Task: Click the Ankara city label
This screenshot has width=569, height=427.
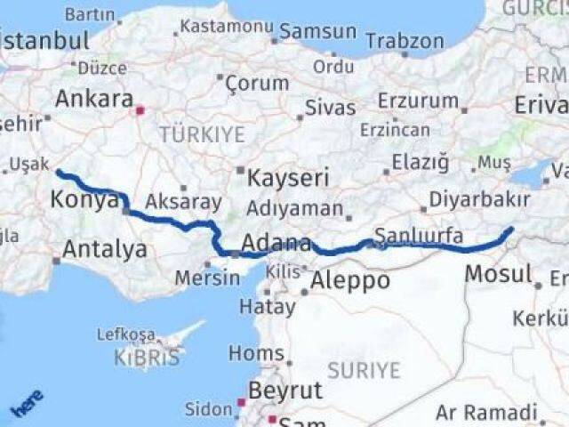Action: [x=94, y=99]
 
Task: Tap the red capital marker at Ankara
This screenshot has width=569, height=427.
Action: [x=139, y=111]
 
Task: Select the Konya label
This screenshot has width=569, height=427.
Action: [x=84, y=199]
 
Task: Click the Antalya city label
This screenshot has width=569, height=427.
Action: [x=106, y=250]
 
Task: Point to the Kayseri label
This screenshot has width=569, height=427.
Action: [x=287, y=178]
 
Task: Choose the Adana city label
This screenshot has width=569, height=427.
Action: [x=276, y=243]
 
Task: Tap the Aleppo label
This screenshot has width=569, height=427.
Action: [x=349, y=281]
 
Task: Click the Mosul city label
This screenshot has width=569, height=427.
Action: [x=498, y=274]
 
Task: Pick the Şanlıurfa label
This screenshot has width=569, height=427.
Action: [x=418, y=236]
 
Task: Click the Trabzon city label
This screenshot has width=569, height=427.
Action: [x=405, y=41]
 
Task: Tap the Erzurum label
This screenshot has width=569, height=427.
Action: [x=418, y=101]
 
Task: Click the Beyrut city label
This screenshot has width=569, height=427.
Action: [x=284, y=390]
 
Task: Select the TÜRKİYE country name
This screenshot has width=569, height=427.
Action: [x=202, y=134]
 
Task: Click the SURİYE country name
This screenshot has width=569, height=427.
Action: [x=364, y=368]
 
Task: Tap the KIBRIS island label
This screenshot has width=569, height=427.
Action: [x=146, y=358]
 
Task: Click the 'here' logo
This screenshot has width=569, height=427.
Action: [x=27, y=404]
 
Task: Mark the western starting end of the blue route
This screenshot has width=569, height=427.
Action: [x=58, y=171]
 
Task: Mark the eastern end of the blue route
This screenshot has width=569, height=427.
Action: [x=511, y=230]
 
